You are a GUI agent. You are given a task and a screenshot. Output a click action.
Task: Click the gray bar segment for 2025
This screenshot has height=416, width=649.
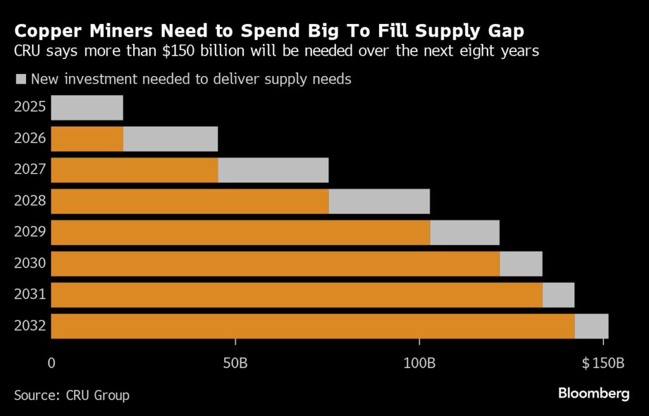87,108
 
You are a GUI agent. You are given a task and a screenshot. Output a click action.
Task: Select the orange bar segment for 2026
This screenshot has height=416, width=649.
87,139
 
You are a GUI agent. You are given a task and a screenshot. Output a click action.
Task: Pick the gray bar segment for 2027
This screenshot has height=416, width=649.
273,170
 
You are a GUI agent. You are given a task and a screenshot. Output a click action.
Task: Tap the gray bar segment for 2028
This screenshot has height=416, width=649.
379,201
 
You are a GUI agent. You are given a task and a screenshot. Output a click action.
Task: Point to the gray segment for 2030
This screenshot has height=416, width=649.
521,263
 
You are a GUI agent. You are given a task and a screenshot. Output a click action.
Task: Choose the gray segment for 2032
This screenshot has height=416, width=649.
591,325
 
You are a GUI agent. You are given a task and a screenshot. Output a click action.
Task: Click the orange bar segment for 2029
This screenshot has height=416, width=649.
240,232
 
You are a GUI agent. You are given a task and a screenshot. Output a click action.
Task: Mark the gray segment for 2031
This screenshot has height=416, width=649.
558,294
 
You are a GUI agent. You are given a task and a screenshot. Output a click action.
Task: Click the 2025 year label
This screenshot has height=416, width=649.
30,106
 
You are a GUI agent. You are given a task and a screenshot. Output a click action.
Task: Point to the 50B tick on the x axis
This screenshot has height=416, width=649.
235,364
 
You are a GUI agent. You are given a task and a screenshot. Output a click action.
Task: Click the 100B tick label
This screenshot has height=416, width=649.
420,364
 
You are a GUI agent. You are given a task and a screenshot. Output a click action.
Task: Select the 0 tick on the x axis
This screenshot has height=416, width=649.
52,364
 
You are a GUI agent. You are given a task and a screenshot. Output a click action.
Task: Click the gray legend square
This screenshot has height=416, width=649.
20,80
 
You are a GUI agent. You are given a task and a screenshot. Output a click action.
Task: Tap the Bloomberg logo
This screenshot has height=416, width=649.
594,393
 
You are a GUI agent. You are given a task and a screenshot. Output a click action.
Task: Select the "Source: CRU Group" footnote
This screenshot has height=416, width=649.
72,395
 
